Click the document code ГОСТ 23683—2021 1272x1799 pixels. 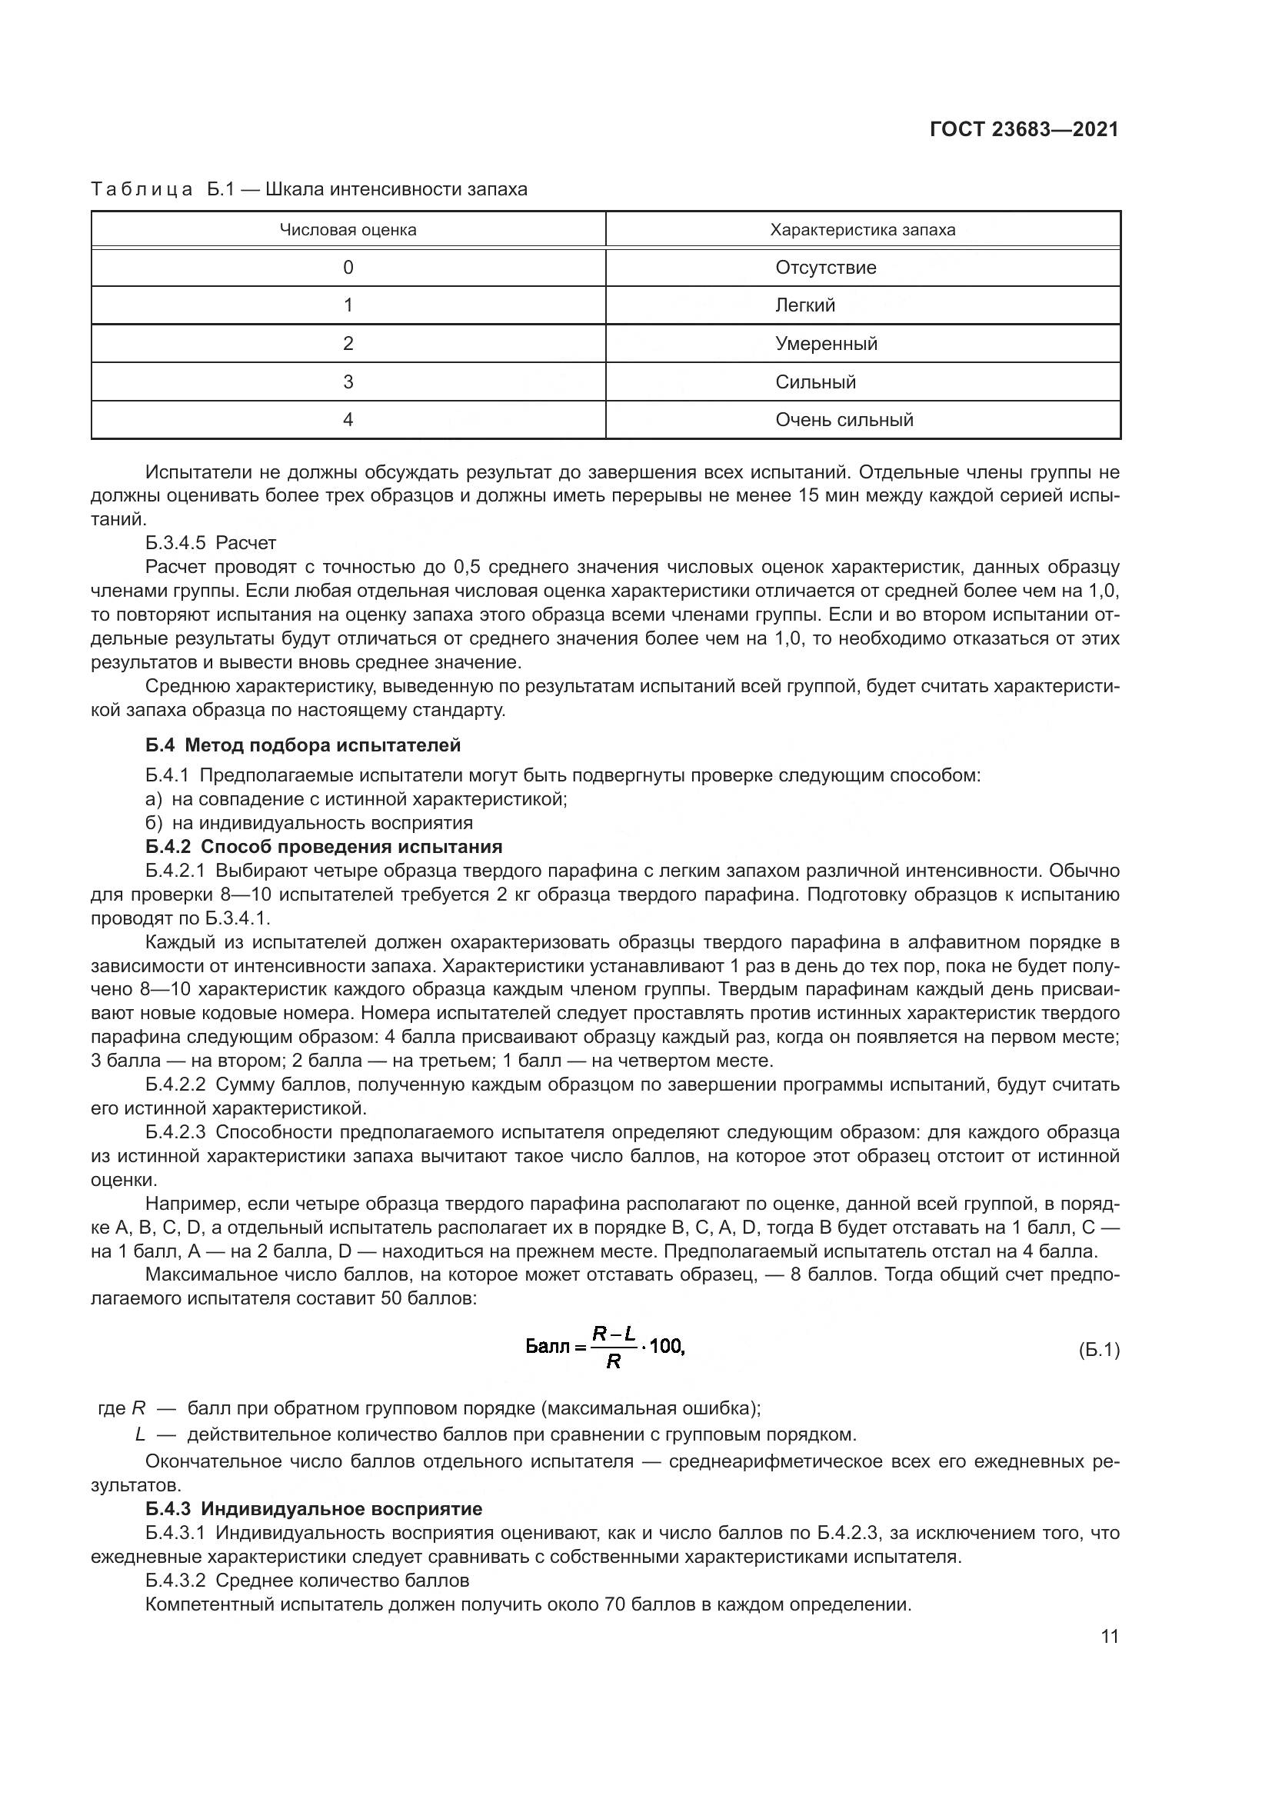pos(1024,129)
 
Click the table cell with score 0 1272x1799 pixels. pos(348,267)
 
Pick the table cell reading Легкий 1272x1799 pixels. pos(805,305)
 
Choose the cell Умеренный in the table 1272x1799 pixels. pos(825,343)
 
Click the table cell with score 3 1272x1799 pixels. pos(348,381)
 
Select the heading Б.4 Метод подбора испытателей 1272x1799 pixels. pos(303,745)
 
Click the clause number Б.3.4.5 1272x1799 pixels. pos(175,542)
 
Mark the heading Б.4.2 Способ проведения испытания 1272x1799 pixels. pos(324,846)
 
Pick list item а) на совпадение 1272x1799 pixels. pos(356,799)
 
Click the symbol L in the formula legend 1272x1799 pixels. pos(140,1434)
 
